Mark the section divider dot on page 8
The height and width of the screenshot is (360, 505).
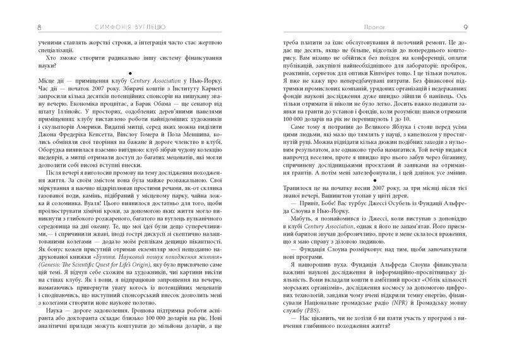(129, 72)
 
